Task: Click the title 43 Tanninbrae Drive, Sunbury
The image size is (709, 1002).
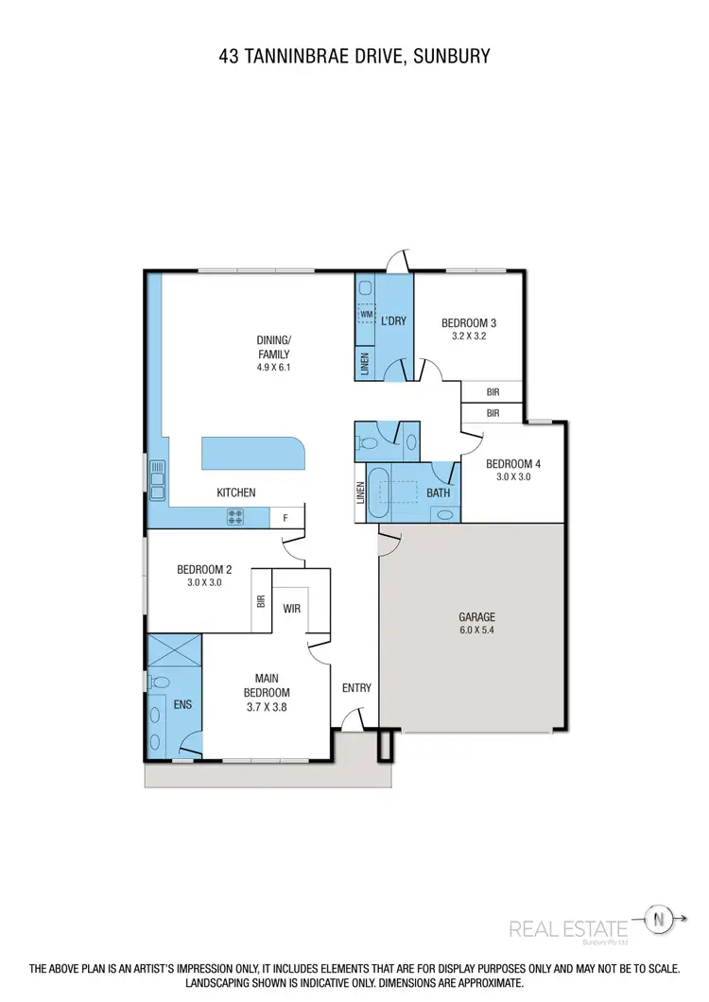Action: [x=354, y=57]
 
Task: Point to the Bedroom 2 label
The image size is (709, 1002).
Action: [x=204, y=569]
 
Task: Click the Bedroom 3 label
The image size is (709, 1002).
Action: [x=469, y=323]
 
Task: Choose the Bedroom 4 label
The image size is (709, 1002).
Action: [x=512, y=464]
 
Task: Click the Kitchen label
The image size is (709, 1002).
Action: [x=236, y=492]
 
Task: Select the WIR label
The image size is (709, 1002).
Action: [x=292, y=609]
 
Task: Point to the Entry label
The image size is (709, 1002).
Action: [x=356, y=688]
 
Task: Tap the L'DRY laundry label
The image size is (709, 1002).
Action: [x=393, y=321]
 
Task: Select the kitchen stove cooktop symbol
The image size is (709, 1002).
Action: [x=234, y=517]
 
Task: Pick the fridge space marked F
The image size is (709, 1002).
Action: [x=286, y=518]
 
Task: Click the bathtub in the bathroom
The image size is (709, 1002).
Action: [x=377, y=492]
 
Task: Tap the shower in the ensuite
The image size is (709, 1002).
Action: [x=174, y=650]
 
